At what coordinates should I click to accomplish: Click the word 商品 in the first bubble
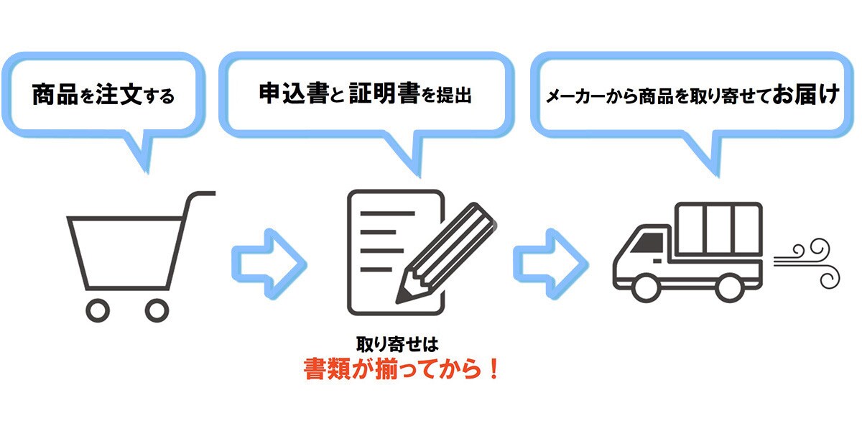click(55, 94)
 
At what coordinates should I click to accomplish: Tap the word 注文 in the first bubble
click(119, 94)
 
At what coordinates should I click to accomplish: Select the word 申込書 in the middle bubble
click(294, 93)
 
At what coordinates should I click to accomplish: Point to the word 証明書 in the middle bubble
click(384, 93)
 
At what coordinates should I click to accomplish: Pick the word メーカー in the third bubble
click(575, 96)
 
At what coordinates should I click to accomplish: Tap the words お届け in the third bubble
click(805, 94)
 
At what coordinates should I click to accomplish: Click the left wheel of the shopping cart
click(98, 310)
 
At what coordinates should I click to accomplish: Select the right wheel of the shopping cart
click(157, 310)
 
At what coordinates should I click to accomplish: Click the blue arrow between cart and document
click(269, 264)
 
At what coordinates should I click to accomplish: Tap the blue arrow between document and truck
click(551, 264)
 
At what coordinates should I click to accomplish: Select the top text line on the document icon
click(387, 213)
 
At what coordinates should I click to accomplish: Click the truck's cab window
click(648, 244)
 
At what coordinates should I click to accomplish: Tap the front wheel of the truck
click(646, 288)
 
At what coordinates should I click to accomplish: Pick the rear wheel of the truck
click(730, 288)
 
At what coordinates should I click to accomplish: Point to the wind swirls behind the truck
click(807, 264)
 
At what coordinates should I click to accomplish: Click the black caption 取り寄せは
click(397, 344)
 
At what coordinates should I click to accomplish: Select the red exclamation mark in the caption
click(493, 369)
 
